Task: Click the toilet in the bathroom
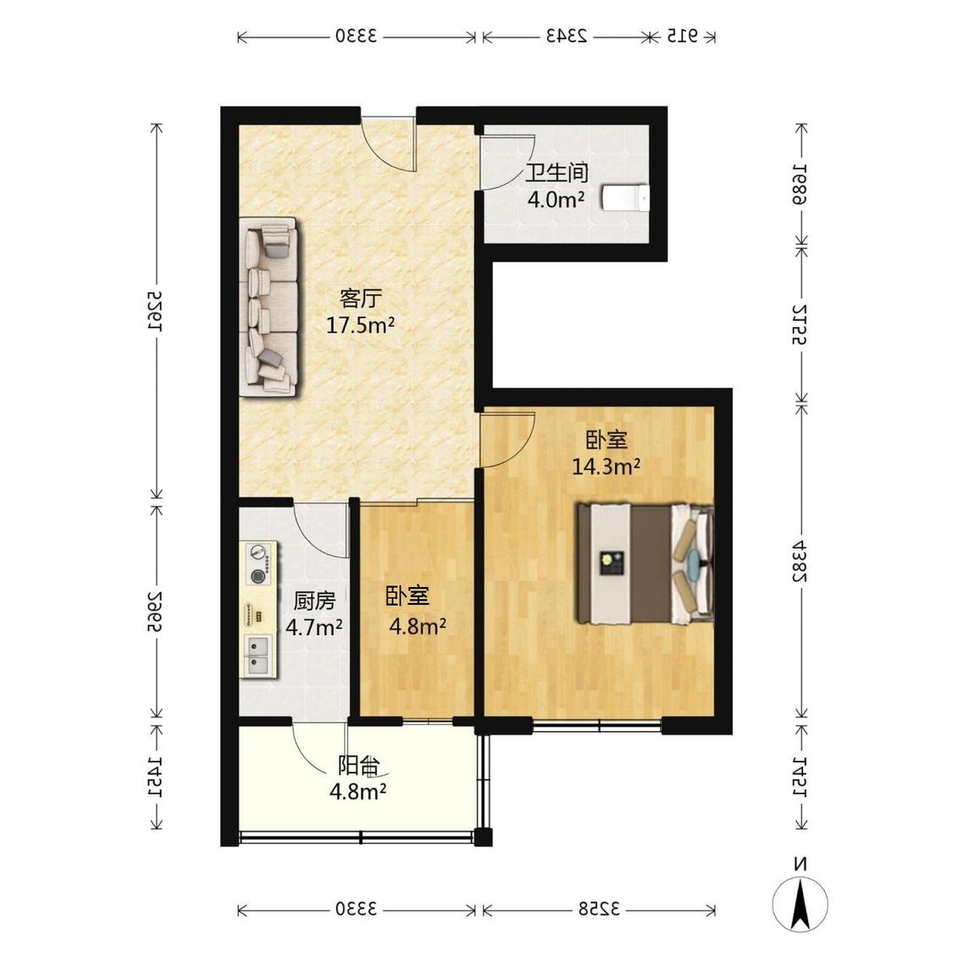(x=625, y=197)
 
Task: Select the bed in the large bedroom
(x=645, y=563)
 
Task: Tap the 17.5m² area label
(x=360, y=325)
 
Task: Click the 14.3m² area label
(x=606, y=466)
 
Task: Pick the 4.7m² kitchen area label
(x=313, y=627)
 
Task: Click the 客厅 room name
(x=360, y=298)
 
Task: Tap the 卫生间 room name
(x=557, y=173)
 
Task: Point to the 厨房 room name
(x=314, y=601)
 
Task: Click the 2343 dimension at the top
(x=566, y=36)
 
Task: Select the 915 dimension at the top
(x=682, y=36)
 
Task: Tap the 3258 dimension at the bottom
(x=599, y=909)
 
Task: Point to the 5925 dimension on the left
(x=156, y=309)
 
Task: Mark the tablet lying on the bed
(x=610, y=562)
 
